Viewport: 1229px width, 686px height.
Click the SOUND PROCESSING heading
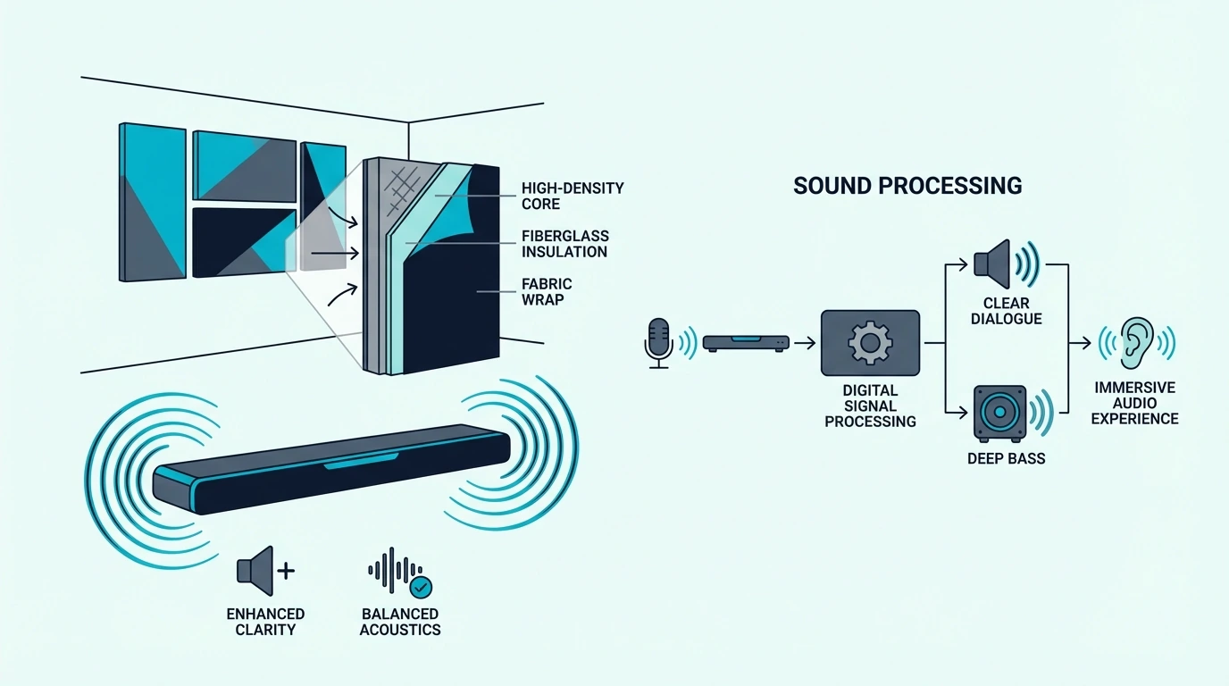click(x=907, y=186)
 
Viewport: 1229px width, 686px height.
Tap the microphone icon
click(x=658, y=343)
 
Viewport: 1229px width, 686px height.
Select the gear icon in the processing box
click(x=870, y=343)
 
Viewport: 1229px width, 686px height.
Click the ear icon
click(x=1137, y=343)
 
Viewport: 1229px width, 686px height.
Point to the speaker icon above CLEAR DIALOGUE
click(x=992, y=264)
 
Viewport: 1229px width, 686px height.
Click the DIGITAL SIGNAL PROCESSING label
click(x=870, y=406)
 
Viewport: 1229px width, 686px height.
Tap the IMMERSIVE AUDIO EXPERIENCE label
click(x=1134, y=404)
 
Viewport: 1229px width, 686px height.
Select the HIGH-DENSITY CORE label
click(x=573, y=196)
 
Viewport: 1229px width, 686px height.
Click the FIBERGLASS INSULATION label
click(x=565, y=244)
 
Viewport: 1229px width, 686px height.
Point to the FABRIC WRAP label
click(x=547, y=291)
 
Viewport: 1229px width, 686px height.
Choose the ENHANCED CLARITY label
click(x=265, y=622)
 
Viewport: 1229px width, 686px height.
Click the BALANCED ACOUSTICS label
click(x=400, y=622)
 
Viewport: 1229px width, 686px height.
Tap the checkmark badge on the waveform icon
click(x=421, y=587)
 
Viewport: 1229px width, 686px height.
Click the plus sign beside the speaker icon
click(x=286, y=572)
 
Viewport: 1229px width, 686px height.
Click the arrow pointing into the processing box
click(x=805, y=344)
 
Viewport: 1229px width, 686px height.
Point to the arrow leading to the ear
click(x=1080, y=344)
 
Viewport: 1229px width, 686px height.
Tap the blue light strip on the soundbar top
click(x=361, y=461)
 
